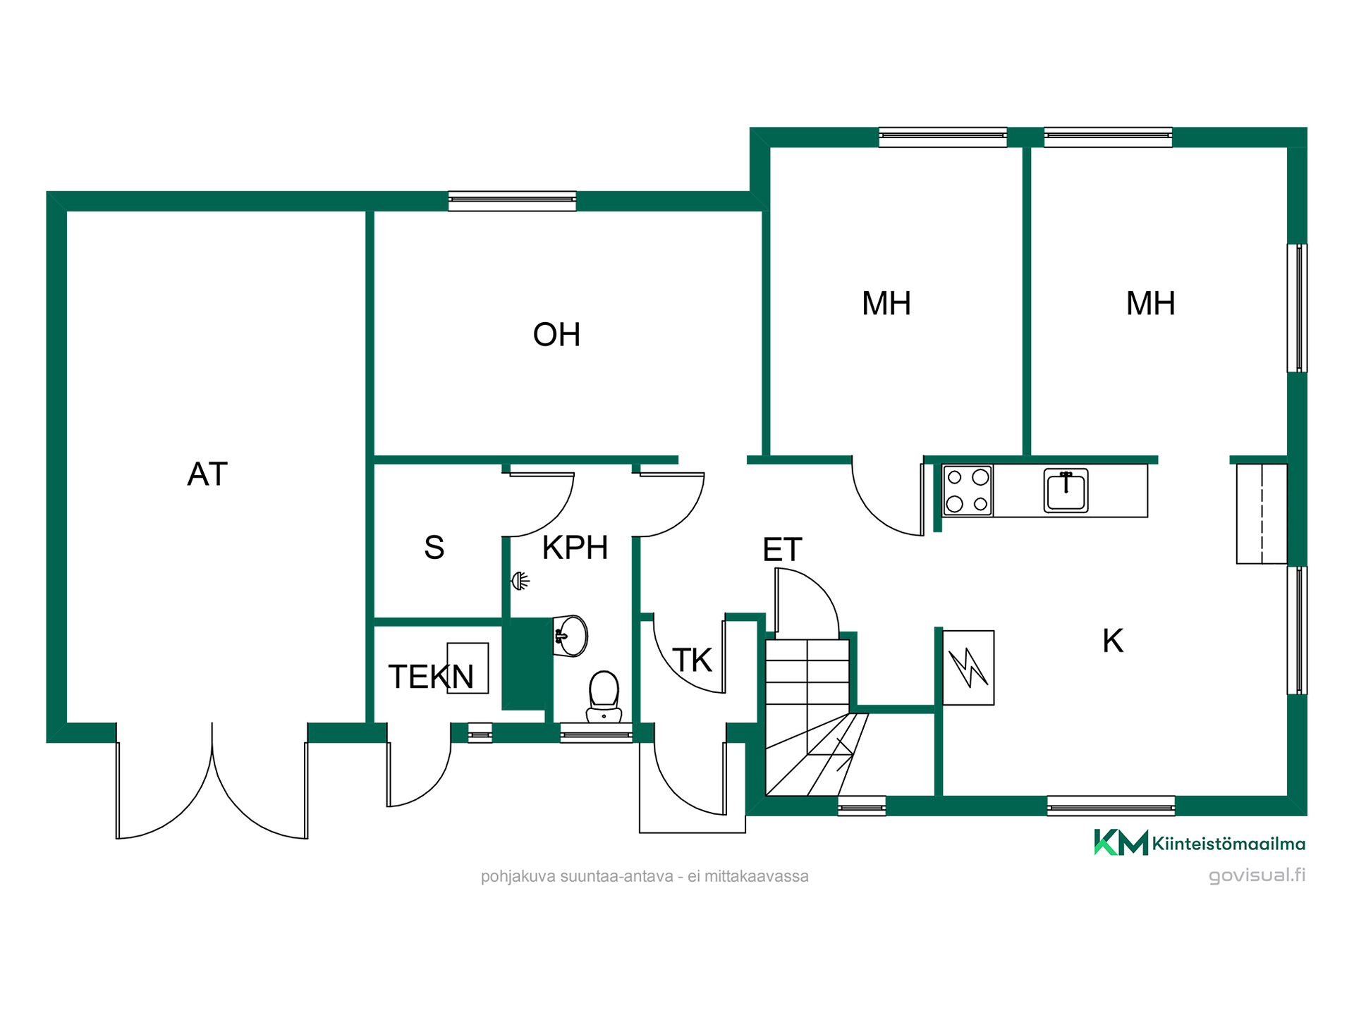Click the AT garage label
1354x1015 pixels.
click(x=207, y=474)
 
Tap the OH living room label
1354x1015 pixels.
click(x=556, y=335)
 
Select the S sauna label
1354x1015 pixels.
click(x=434, y=548)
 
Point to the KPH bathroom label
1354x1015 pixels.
click(x=575, y=548)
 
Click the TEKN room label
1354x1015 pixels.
click(x=431, y=677)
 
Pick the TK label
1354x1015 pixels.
click(x=692, y=660)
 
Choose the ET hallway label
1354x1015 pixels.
click(x=782, y=550)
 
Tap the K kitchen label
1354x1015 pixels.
click(x=1113, y=641)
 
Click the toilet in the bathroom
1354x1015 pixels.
click(x=604, y=697)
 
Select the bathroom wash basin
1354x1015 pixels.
click(x=571, y=636)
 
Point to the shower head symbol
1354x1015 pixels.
click(x=520, y=581)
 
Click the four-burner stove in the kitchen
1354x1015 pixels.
click(x=968, y=491)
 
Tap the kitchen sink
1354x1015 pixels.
click(x=1066, y=491)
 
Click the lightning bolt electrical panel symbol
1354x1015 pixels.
click(x=968, y=668)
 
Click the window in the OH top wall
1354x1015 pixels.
click(x=512, y=201)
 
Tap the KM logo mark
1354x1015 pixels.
click(x=1121, y=842)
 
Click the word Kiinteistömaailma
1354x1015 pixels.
click(x=1228, y=844)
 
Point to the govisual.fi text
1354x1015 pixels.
click(x=1257, y=875)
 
